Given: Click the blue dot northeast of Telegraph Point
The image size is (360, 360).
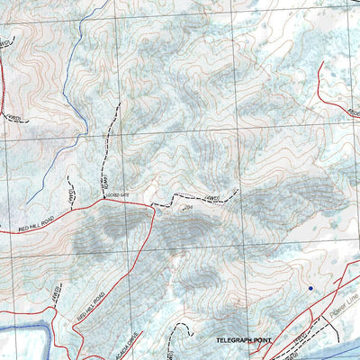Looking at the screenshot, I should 310,288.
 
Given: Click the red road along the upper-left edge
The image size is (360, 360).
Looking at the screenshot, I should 4,81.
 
